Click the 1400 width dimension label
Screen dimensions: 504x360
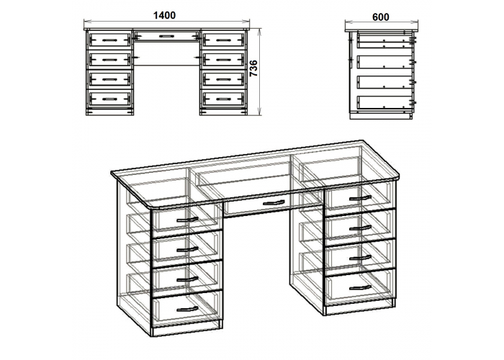165,15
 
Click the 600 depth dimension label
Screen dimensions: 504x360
381,17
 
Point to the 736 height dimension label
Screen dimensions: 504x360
254,68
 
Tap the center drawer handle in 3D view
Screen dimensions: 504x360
274,203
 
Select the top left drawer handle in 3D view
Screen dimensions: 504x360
187,220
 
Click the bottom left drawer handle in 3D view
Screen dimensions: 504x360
187,309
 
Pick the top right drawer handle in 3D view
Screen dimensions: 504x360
360,198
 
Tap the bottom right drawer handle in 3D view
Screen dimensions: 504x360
360,287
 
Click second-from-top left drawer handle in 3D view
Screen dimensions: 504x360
187,250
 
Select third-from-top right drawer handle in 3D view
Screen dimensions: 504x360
360,258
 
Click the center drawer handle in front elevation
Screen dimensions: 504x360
166,36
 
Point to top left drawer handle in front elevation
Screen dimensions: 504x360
110,40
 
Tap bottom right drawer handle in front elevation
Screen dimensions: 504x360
222,99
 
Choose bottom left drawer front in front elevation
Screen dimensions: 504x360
110,99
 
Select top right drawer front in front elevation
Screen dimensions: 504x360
223,39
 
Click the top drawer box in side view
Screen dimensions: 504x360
384,40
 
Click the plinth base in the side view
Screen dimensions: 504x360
381,116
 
